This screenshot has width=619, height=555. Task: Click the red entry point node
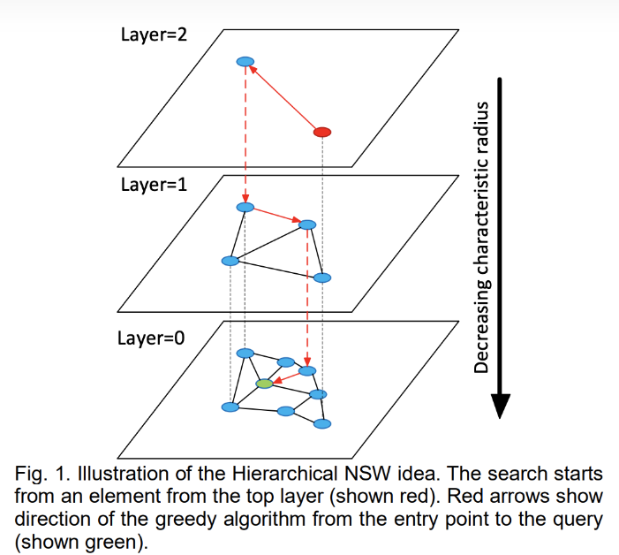click(x=322, y=132)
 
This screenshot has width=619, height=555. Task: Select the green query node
click(x=265, y=384)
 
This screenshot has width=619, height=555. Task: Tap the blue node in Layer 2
click(x=245, y=62)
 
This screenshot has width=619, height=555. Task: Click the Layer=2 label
click(x=154, y=34)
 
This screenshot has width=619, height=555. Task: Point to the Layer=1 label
click(x=154, y=185)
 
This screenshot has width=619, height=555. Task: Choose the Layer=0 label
click(x=151, y=338)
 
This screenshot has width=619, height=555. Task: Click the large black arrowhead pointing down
click(x=500, y=406)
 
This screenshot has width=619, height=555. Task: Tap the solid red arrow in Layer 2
click(x=284, y=97)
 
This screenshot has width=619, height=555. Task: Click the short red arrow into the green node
click(x=287, y=377)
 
